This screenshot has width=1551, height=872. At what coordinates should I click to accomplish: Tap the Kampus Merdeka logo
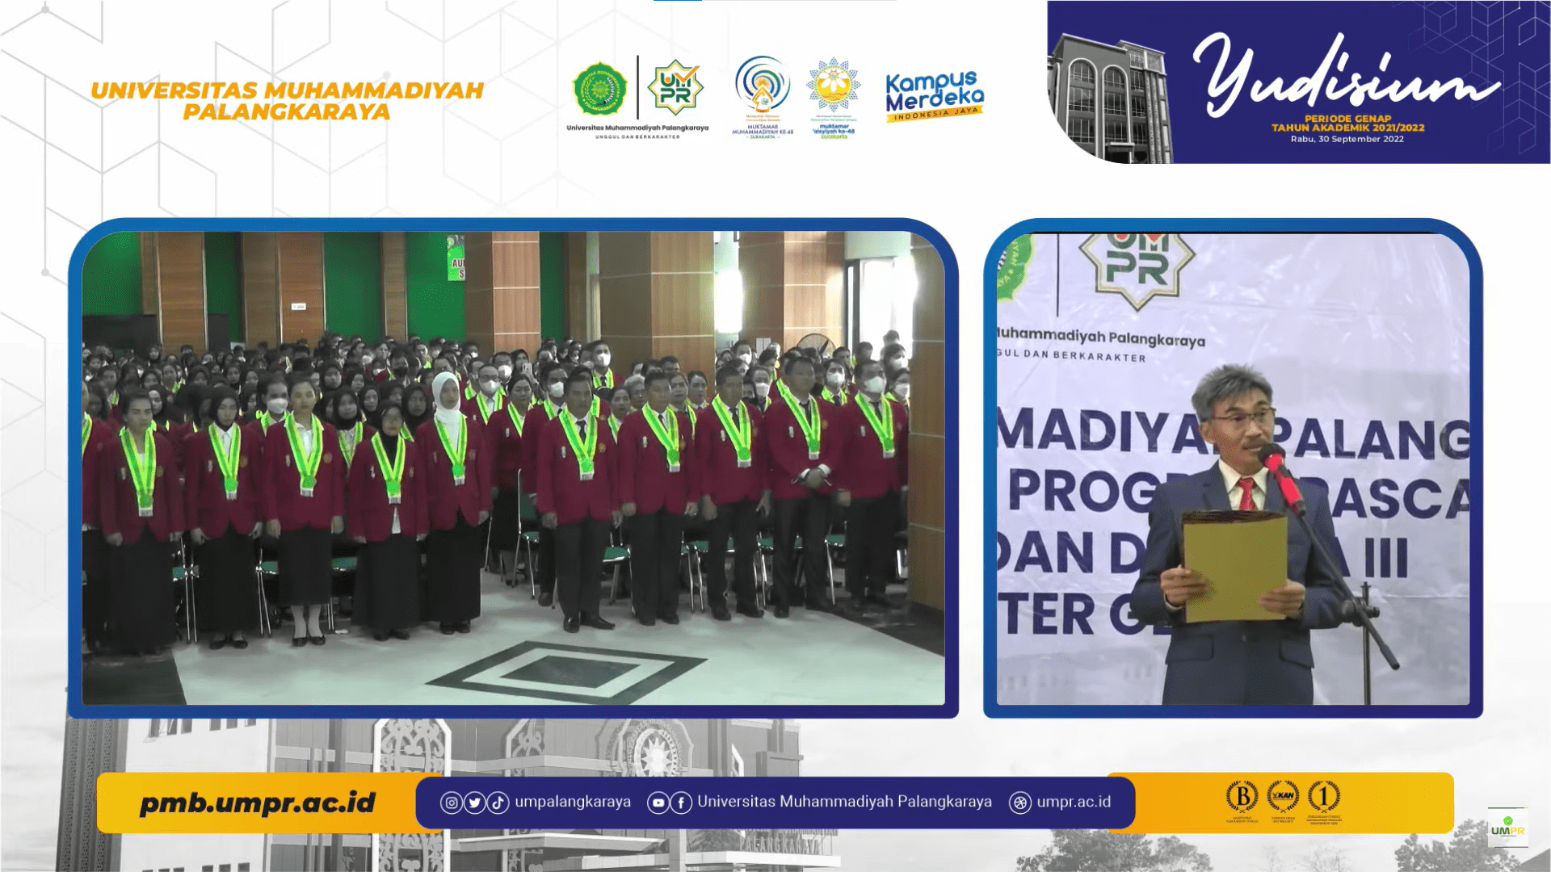tap(934, 95)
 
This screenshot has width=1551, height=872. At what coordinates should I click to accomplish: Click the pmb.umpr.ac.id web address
tap(257, 803)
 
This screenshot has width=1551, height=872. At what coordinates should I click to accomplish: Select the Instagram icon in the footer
tap(451, 803)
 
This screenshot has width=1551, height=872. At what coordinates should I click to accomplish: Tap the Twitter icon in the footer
tap(474, 803)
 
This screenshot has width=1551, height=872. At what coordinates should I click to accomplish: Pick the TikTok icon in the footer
tap(498, 803)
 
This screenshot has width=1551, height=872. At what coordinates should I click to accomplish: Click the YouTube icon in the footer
tap(658, 803)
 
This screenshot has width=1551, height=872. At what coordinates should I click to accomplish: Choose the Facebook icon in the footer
tap(681, 803)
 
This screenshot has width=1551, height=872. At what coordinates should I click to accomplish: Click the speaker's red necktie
tap(1246, 493)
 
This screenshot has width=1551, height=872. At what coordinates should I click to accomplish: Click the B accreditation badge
tap(1242, 797)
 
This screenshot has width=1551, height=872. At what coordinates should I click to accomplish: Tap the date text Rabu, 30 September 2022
tap(1347, 139)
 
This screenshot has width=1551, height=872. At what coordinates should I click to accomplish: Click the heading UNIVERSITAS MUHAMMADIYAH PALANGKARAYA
tap(287, 101)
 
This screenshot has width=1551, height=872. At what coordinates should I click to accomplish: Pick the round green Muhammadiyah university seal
tap(599, 89)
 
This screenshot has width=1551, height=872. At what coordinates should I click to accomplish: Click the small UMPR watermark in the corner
tap(1507, 828)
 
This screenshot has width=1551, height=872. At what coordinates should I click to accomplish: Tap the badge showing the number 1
tap(1323, 797)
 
